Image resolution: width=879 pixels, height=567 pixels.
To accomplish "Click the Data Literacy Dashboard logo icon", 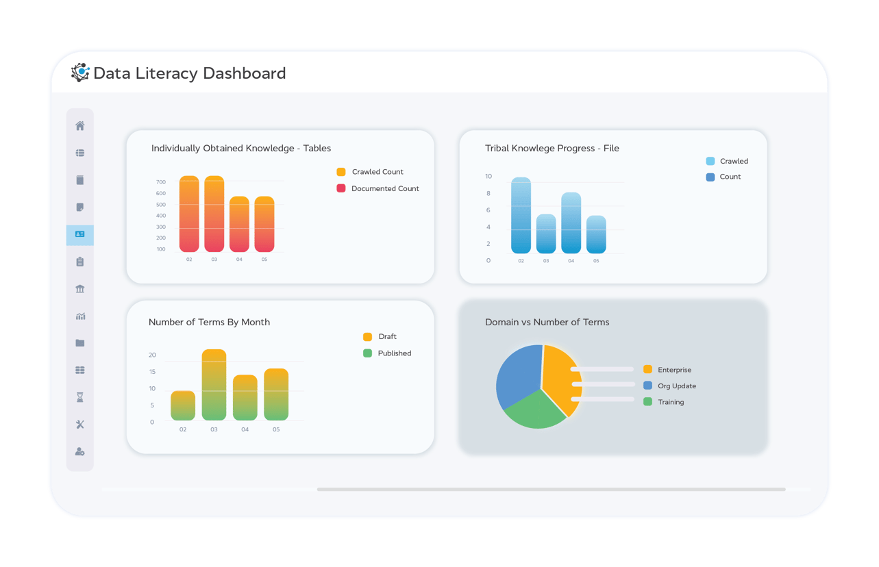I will (x=80, y=73).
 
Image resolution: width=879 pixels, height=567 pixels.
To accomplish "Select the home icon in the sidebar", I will (x=80, y=126).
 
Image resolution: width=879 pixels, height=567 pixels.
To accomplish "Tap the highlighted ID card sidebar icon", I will (x=80, y=234).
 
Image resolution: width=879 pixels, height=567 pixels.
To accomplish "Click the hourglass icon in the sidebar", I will (x=80, y=397).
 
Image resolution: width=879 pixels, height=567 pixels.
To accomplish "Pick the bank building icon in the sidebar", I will (x=80, y=289).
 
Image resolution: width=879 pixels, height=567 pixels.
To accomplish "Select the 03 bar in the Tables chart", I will (x=214, y=214).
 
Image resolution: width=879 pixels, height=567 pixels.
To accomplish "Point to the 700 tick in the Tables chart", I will (x=161, y=182).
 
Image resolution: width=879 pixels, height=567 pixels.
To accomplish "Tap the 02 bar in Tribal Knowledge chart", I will (x=521, y=216).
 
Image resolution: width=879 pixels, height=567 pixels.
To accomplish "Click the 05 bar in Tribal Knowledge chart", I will (x=596, y=235).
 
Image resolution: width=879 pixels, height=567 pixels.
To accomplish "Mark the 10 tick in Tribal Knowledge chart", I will (x=488, y=177).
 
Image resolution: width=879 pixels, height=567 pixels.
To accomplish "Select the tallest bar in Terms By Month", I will (x=214, y=385).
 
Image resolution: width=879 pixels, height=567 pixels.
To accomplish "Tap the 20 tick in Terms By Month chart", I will (x=152, y=355).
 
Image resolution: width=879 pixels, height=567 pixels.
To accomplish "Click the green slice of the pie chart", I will (x=534, y=411).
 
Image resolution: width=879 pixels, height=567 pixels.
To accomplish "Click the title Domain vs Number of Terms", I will (x=547, y=322).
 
